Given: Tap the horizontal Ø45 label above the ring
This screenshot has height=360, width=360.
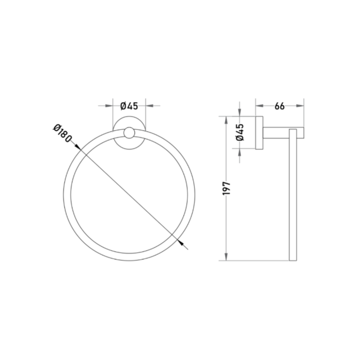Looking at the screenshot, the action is click(x=129, y=106).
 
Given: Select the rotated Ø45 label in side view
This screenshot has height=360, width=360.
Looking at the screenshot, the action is click(x=240, y=132).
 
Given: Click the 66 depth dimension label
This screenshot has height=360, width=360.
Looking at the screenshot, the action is click(x=279, y=106).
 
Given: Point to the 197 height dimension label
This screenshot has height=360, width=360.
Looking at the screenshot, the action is click(x=226, y=188).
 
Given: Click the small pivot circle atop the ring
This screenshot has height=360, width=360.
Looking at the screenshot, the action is click(x=129, y=133).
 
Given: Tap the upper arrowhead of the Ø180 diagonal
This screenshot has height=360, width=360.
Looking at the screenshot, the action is click(x=77, y=147).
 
